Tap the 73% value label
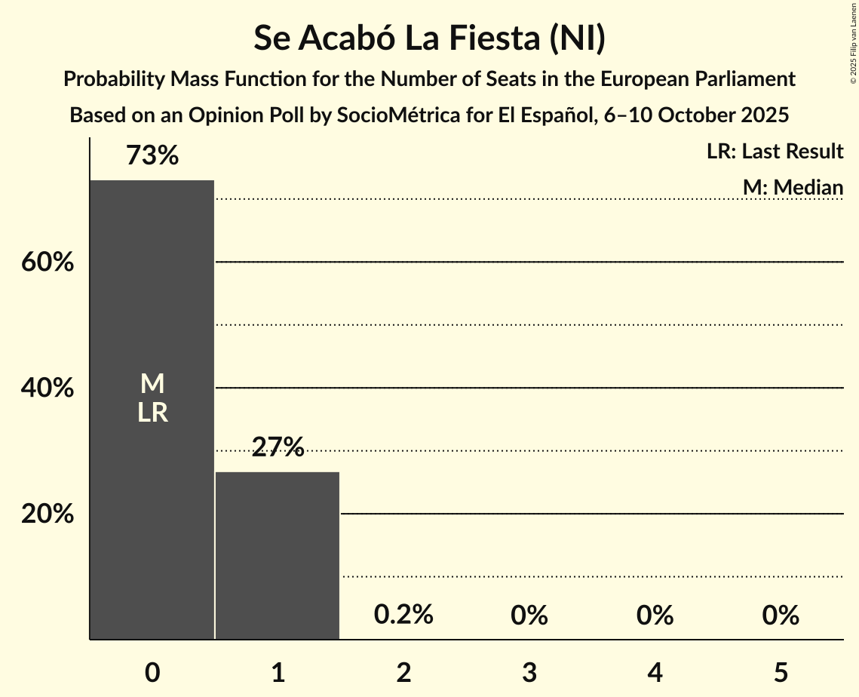[x=152, y=155]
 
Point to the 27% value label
[x=278, y=448]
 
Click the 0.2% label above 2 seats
[x=403, y=615]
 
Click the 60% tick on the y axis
[x=47, y=263]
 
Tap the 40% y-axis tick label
[x=47, y=388]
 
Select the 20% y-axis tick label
[x=47, y=514]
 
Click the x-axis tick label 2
[x=403, y=672]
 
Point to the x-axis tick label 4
[x=655, y=672]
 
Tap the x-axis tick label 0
[x=152, y=672]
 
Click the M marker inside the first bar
[x=152, y=384]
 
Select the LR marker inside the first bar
[x=152, y=413]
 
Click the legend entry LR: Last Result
[x=775, y=152]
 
